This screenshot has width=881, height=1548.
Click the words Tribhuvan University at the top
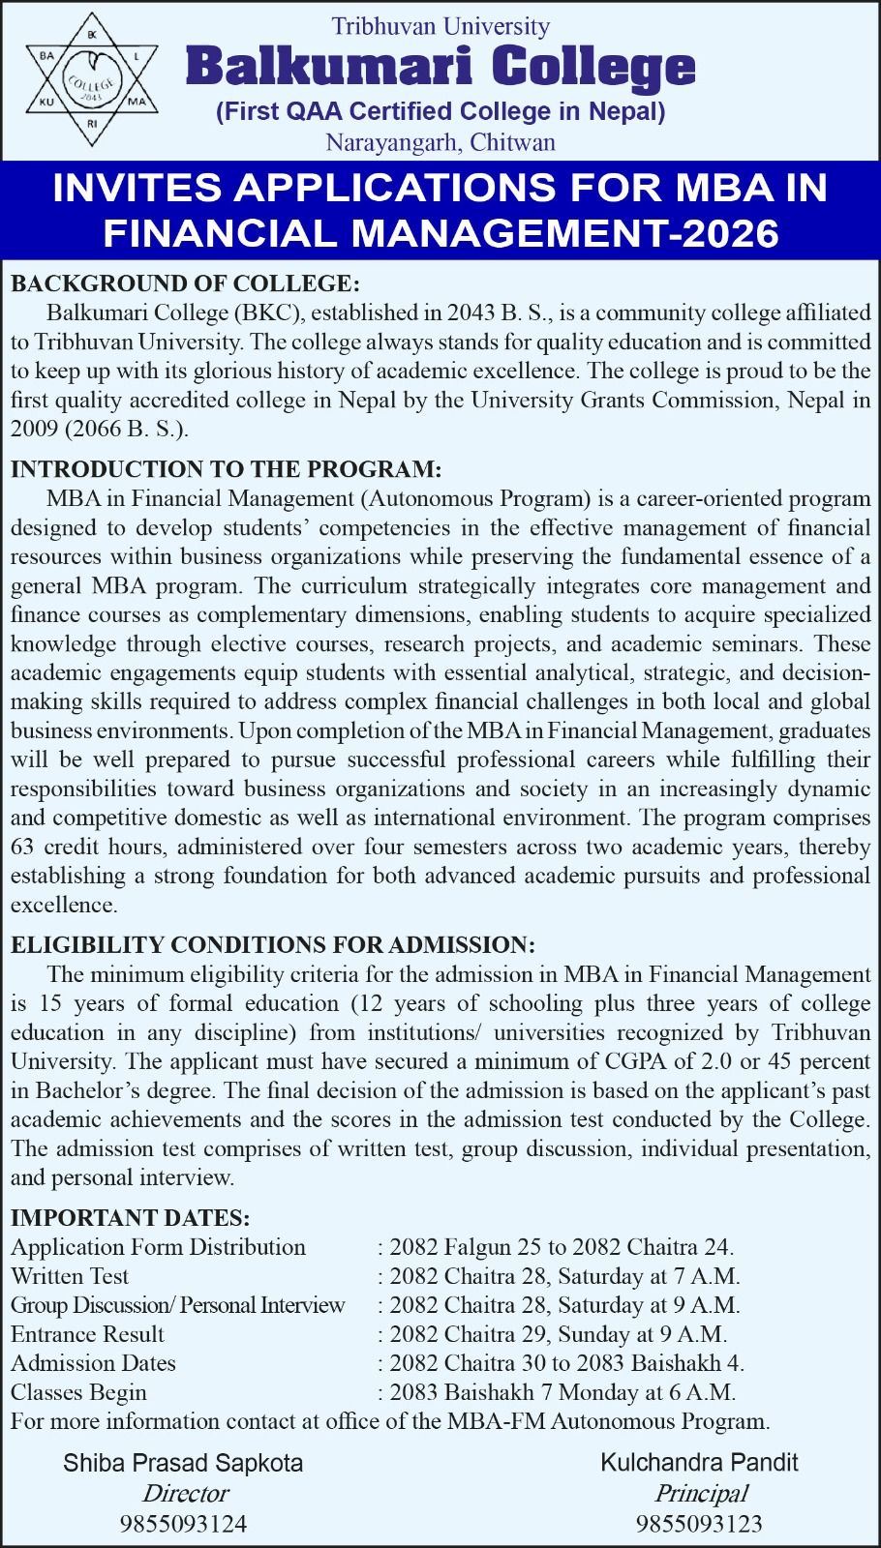pos(440,26)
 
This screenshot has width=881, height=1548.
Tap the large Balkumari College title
pos(440,68)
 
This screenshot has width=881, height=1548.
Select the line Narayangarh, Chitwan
pos(440,143)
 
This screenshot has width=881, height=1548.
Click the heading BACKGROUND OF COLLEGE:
pos(184,283)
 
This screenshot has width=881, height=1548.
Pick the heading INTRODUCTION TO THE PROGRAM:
pos(226,469)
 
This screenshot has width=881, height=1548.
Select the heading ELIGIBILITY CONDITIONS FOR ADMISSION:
pos(272,944)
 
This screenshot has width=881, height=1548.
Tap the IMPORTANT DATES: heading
pos(130,1217)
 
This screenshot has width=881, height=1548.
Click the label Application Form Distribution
pos(158,1247)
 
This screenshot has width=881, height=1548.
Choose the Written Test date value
pos(563,1276)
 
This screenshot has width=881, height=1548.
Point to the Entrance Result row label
pos(87,1334)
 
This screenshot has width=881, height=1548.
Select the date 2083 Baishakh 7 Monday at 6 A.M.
pos(562,1392)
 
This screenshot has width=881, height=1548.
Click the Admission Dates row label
pos(93,1363)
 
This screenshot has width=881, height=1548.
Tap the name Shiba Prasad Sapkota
pos(183,1463)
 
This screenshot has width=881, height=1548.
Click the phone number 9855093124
pos(183,1525)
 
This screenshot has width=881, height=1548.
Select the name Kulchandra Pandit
pos(699,1463)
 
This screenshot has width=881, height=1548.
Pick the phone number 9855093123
pos(699,1525)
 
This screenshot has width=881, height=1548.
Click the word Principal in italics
pos(700,1494)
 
